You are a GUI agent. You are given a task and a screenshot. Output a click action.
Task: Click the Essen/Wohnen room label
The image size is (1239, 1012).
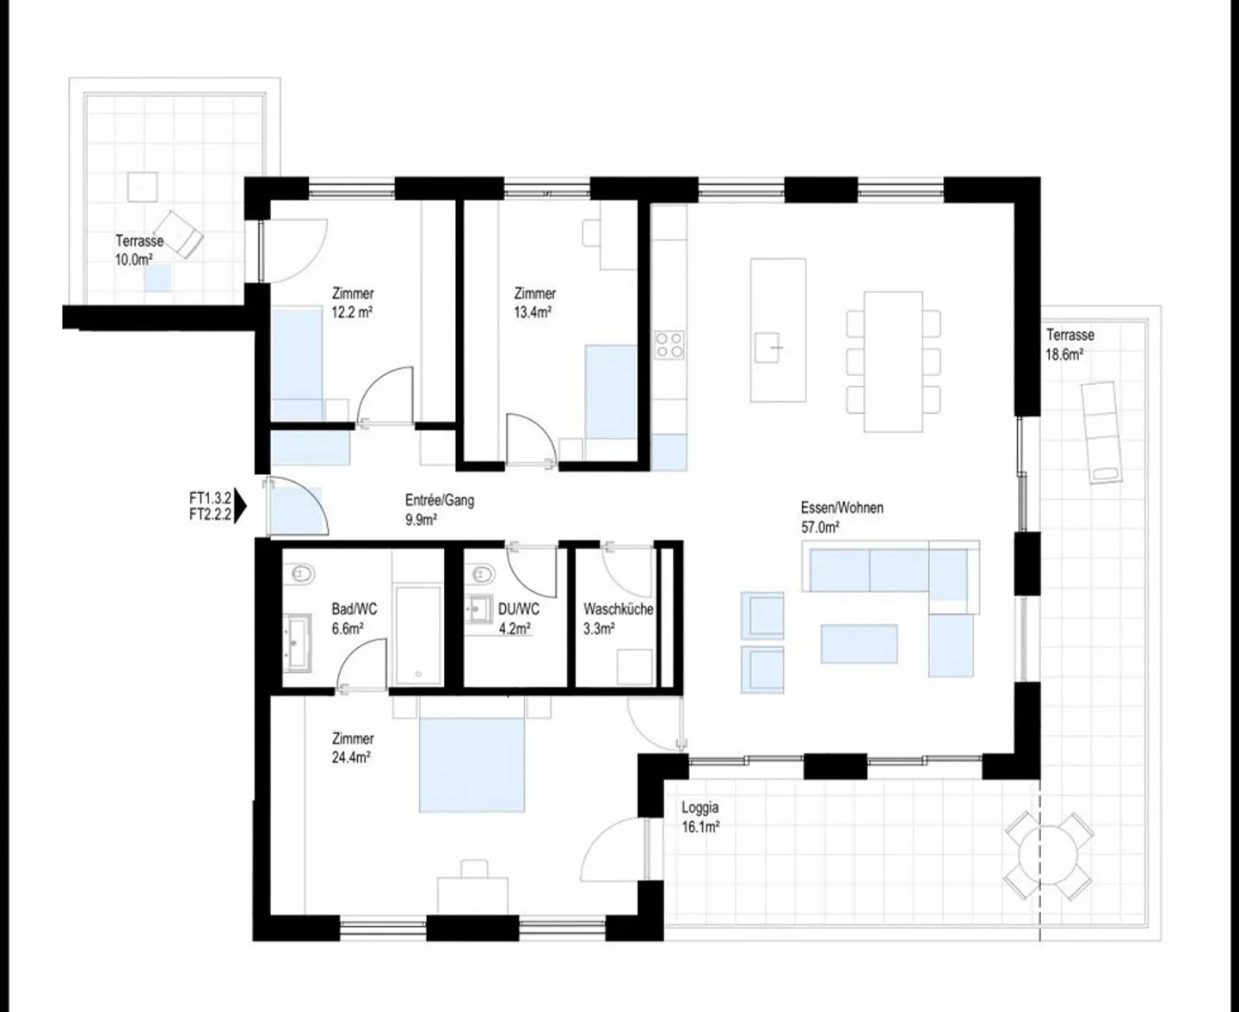pyautogui.click(x=841, y=508)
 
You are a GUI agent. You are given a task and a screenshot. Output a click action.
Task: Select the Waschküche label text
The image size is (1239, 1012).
pyautogui.click(x=618, y=609)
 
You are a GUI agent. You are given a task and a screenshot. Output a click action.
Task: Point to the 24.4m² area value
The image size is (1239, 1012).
pyautogui.click(x=351, y=758)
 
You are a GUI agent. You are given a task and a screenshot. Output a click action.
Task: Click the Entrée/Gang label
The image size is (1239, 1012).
pyautogui.click(x=439, y=500)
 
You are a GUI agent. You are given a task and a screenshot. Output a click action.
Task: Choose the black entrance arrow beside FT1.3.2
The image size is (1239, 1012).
pyautogui.click(x=241, y=507)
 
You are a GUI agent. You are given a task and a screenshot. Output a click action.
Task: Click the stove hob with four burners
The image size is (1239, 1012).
pyautogui.click(x=669, y=344)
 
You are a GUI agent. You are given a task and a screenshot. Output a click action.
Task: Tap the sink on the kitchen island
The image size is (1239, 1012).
pyautogui.click(x=768, y=347)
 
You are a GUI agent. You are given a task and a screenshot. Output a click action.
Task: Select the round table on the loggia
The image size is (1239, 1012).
pyautogui.click(x=1049, y=856)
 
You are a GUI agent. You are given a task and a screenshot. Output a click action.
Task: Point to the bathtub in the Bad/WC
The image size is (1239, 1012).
pyautogui.click(x=418, y=635)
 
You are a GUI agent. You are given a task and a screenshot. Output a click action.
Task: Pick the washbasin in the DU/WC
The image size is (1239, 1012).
pyautogui.click(x=479, y=608)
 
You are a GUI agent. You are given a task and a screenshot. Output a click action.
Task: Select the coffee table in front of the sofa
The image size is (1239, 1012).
pyautogui.click(x=859, y=644)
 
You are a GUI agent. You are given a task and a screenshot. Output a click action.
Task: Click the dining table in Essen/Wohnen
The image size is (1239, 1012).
pyautogui.click(x=893, y=361)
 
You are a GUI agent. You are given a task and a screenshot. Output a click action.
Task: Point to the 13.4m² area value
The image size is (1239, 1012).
pyautogui.click(x=533, y=313)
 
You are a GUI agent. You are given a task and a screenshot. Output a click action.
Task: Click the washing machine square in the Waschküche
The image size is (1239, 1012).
pyautogui.click(x=635, y=667)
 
